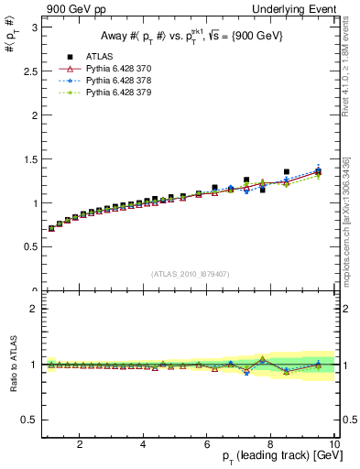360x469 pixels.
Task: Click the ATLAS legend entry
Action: (x=97, y=57)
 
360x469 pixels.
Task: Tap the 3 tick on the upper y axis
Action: (x=35, y=27)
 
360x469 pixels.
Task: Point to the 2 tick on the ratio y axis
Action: (x=35, y=309)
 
